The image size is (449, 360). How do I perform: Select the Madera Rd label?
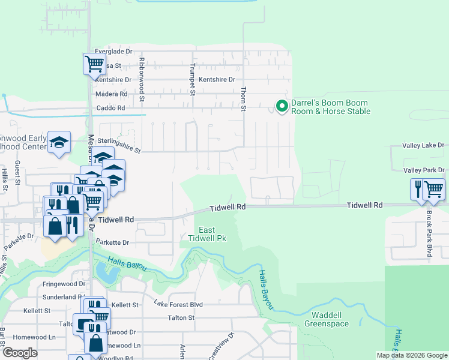click(111, 94)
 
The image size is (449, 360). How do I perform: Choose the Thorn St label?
click(244, 97)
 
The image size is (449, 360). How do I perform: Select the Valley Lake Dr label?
click(423, 145)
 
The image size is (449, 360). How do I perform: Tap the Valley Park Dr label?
click(423, 170)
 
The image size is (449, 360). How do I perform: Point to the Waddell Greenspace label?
click(326, 319)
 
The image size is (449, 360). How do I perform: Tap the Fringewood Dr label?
click(64, 284)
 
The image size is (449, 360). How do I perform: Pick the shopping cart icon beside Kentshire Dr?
click(94, 63)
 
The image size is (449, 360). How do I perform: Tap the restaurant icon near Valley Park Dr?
click(418, 188)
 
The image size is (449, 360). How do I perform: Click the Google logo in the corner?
click(20, 353)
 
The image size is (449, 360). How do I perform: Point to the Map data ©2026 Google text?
click(411, 355)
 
